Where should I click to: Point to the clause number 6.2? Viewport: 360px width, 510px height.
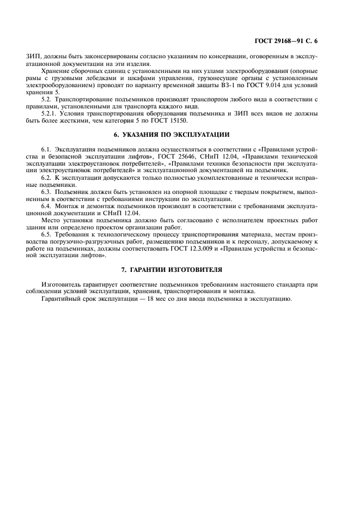[46, 178]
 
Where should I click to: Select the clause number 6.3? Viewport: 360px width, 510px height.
[46, 192]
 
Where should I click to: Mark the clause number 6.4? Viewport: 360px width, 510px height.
[46, 206]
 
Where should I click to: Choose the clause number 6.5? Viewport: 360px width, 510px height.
[46, 234]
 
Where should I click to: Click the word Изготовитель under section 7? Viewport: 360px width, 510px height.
[60, 284]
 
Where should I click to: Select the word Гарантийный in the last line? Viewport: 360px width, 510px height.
[61, 299]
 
